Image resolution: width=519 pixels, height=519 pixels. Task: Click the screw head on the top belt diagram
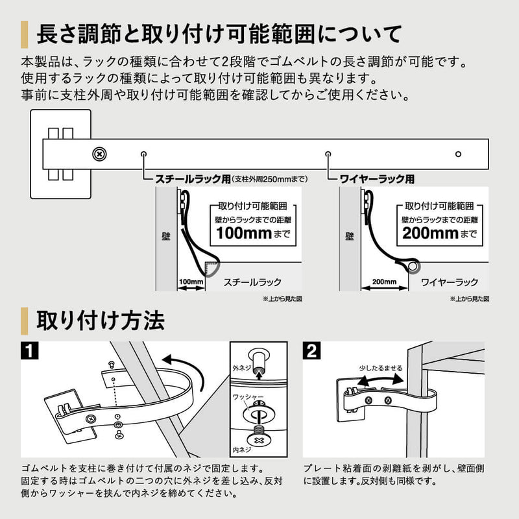coord(99,154)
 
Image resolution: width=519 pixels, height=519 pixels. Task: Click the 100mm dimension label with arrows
coord(191,282)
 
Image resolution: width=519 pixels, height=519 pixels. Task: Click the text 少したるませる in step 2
coord(380,368)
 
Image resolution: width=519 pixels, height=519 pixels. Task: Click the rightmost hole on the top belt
coord(458,154)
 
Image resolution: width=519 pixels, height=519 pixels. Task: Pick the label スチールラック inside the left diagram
coord(252,282)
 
